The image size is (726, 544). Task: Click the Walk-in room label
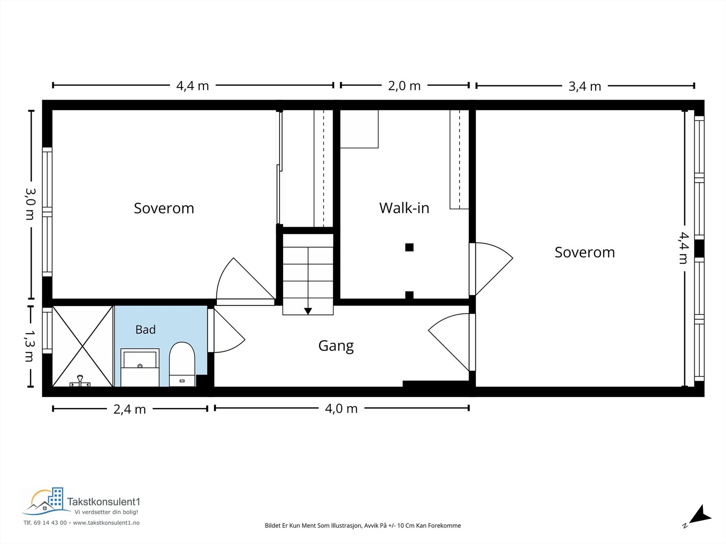pyautogui.click(x=404, y=208)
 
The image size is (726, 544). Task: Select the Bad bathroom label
pyautogui.click(x=146, y=330)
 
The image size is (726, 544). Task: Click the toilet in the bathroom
pyautogui.click(x=182, y=364)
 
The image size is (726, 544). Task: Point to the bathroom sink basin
pyautogui.click(x=140, y=359)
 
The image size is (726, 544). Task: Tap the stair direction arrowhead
pyautogui.click(x=308, y=311)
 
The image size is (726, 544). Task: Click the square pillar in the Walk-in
pyautogui.click(x=409, y=247)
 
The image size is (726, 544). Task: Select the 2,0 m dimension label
pyautogui.click(x=404, y=86)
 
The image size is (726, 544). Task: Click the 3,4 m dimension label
pyautogui.click(x=585, y=87)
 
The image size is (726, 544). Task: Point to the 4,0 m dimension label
pyautogui.click(x=341, y=409)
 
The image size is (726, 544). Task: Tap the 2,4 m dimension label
pyautogui.click(x=130, y=409)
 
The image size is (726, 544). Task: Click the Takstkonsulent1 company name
pyautogui.click(x=103, y=502)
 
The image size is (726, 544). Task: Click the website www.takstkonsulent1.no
pyautogui.click(x=106, y=523)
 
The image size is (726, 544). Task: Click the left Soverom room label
pyautogui.click(x=164, y=209)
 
